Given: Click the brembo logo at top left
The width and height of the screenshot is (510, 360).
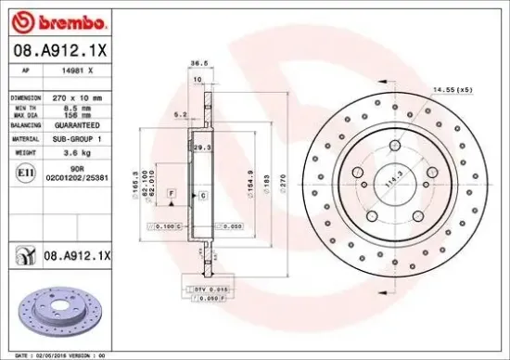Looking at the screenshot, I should click(57, 20).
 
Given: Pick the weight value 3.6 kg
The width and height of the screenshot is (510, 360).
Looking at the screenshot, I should click(77, 150).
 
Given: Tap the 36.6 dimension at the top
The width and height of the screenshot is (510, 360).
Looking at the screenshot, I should click(197, 65).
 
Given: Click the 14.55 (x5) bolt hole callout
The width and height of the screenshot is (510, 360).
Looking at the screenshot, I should click(452, 89).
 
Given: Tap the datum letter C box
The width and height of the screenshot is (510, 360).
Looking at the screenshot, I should click(201, 197).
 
